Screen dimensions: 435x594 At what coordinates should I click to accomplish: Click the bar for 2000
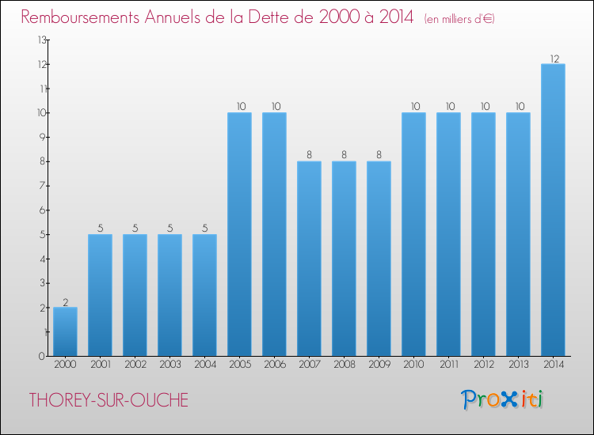point(65,331)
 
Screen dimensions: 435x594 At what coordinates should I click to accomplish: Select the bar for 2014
point(553,210)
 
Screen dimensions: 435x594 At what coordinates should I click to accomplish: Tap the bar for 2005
point(239,234)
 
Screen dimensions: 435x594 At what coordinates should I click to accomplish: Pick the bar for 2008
point(344,259)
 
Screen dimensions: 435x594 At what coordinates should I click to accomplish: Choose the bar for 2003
point(169,295)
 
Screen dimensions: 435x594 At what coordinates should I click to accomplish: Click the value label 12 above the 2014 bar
point(553,59)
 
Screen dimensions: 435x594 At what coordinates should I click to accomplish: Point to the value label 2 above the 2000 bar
point(65,302)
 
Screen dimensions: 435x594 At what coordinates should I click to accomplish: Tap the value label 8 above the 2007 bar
point(309,156)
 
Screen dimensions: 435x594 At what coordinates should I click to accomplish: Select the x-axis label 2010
point(413,364)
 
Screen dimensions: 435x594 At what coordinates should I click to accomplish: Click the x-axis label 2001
point(100,364)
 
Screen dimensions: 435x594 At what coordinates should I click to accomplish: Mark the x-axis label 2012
point(483,364)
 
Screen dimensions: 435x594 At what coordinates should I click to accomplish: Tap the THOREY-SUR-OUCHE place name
point(109,400)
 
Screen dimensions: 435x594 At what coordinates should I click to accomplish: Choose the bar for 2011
point(448,234)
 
